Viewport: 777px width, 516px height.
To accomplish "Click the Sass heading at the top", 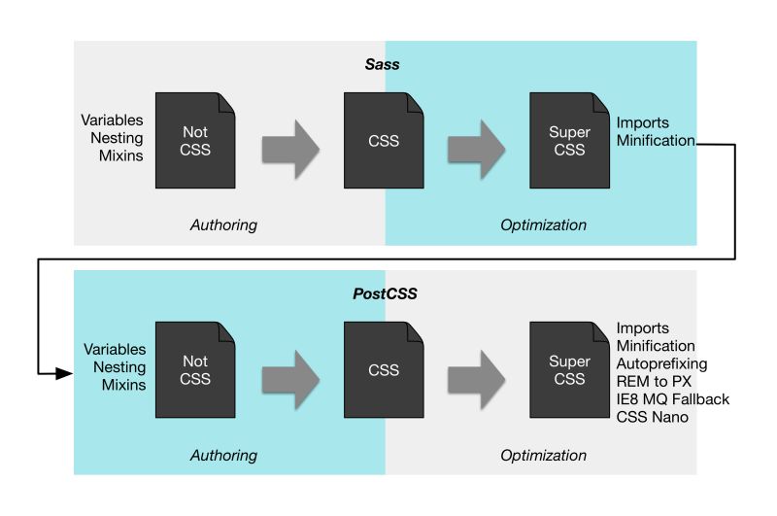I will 386,63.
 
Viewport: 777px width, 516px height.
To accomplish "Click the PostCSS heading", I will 386,292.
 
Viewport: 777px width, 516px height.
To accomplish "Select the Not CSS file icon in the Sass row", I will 195,141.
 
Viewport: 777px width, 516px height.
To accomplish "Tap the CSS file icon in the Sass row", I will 384,141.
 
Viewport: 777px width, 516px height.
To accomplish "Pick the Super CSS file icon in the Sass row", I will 569,141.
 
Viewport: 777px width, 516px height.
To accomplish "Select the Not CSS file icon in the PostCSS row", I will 195,370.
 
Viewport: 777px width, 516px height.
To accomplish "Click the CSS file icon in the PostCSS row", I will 384,370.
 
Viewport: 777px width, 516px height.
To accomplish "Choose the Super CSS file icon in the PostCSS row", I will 569,370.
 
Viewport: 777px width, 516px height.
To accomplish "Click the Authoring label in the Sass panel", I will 223,225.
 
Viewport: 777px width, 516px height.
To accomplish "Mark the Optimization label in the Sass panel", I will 543,225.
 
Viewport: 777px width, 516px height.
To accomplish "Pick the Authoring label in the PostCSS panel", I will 223,455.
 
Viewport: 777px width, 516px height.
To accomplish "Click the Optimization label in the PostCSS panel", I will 543,455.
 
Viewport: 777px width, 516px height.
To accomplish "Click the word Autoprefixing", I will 661,363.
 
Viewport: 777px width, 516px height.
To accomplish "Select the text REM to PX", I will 654,381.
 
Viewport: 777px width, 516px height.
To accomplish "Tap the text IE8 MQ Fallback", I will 672,399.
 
